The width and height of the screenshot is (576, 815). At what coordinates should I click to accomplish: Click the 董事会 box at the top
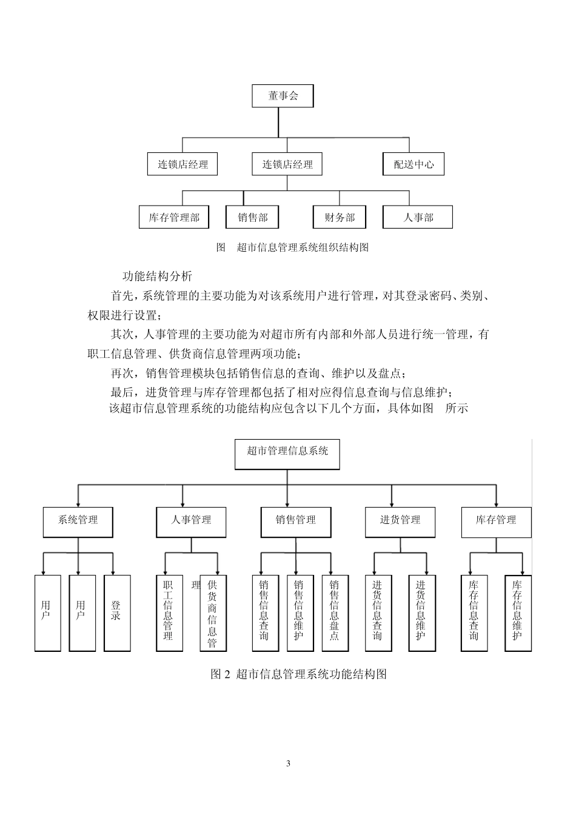click(x=283, y=96)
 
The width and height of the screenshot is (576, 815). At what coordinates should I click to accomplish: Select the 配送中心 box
click(x=414, y=164)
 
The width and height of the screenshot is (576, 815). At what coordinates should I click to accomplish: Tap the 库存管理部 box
click(x=175, y=217)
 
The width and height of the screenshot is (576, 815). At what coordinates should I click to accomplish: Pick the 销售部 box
click(x=252, y=217)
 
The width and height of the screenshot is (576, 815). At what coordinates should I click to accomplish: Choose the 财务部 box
click(x=340, y=217)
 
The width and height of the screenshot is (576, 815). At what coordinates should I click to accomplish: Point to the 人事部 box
click(x=418, y=217)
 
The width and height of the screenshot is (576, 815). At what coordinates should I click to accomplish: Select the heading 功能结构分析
click(x=158, y=276)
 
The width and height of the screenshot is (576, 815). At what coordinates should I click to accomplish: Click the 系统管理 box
click(x=78, y=521)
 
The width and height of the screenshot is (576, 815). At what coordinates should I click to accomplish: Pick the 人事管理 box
click(x=191, y=521)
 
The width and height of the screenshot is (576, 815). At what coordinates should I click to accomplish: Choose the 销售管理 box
click(x=296, y=521)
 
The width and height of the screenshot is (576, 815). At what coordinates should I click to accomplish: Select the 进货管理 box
click(x=400, y=521)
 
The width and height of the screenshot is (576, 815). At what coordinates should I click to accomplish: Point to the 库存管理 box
click(x=496, y=521)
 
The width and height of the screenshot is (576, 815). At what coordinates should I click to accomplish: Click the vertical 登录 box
click(x=116, y=612)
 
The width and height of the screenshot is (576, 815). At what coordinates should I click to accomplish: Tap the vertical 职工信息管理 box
click(x=169, y=612)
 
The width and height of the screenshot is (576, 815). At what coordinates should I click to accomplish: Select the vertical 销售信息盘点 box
click(x=334, y=612)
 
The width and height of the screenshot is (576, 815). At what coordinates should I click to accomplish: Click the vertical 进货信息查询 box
click(x=377, y=612)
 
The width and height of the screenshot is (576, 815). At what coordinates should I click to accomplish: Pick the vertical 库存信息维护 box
click(x=518, y=612)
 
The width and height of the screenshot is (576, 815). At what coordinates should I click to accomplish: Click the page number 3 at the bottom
click(x=288, y=763)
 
